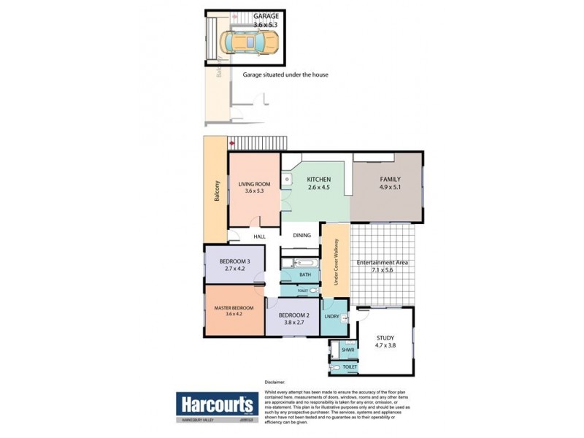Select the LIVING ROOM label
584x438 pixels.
coord(254,184)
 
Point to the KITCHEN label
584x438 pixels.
coord(319,180)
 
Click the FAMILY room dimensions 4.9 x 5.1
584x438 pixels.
coord(389,187)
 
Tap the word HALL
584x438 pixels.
coord(259,237)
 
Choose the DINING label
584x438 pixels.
coord(302,236)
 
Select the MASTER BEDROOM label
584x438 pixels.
coord(234,308)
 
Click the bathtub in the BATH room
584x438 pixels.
coord(304,263)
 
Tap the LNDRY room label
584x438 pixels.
coord(333,316)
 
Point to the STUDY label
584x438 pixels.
coord(385,337)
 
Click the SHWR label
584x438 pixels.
coord(347,350)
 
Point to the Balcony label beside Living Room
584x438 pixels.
coord(217,191)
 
